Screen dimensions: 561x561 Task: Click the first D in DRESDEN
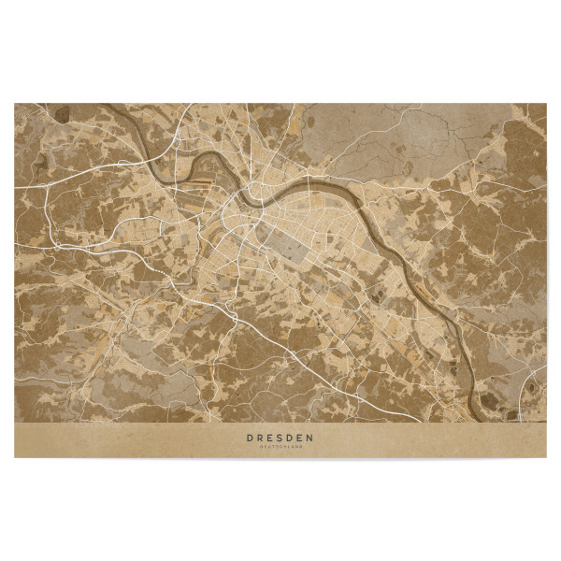pos(250,437)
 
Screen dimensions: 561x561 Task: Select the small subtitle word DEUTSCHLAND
pos(280,447)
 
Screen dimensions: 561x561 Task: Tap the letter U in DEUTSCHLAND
pos(268,447)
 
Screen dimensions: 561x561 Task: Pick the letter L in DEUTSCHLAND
pos(289,447)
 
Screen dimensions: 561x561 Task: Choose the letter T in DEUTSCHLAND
pos(273,447)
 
